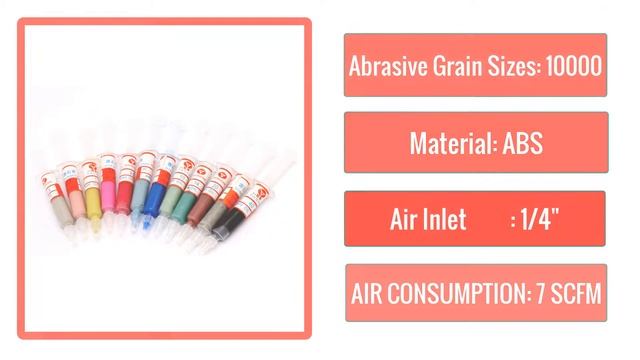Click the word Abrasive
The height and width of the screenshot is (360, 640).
385,66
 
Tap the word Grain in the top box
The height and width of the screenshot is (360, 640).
456,66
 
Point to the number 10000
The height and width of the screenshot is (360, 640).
574,66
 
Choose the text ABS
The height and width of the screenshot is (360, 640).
522,143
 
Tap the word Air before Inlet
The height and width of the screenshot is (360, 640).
405,220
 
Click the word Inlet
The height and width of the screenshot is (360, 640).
447,220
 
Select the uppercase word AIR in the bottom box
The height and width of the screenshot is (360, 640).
371,295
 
